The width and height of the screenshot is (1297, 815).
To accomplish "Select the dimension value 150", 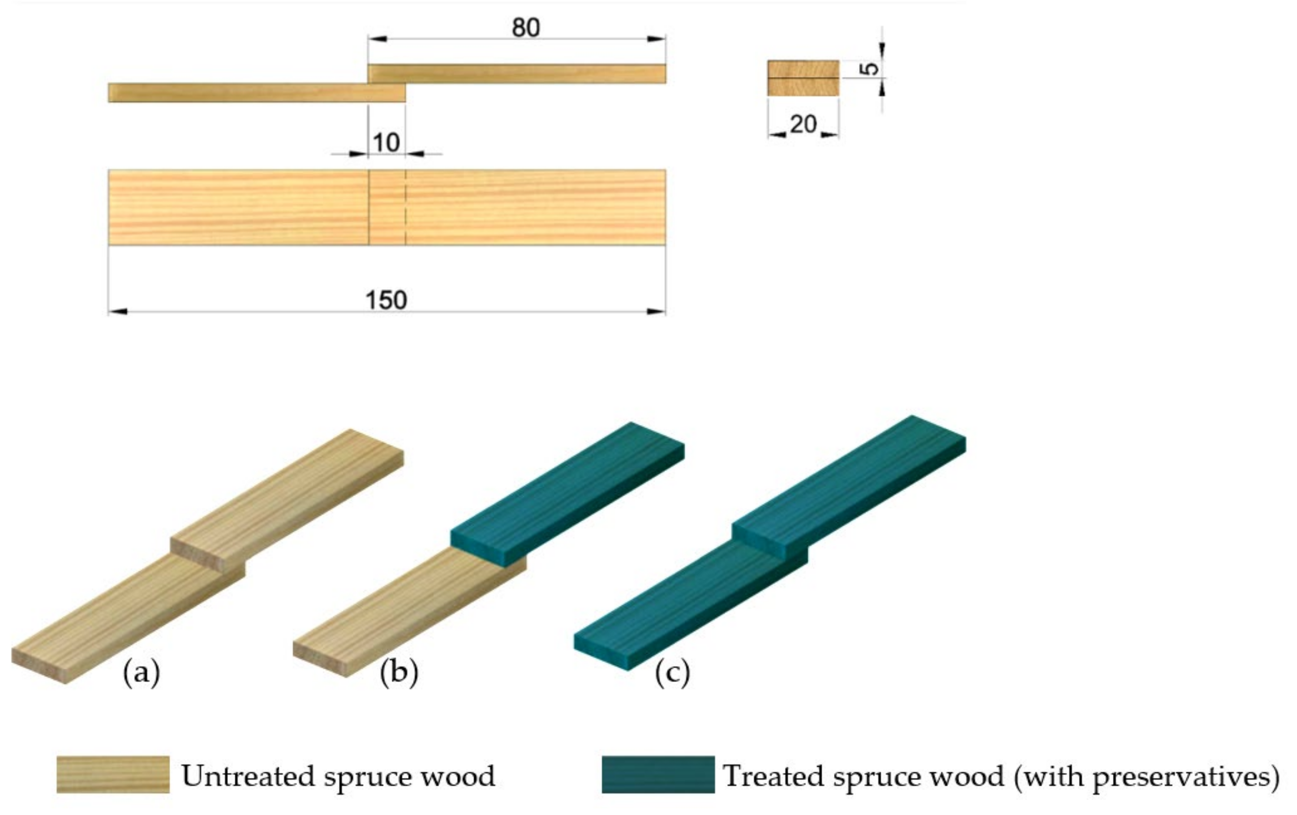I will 386,300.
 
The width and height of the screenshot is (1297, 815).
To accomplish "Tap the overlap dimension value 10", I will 386,143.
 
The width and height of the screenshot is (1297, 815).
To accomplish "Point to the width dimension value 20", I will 803,125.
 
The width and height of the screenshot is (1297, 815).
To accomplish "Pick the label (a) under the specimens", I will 141,673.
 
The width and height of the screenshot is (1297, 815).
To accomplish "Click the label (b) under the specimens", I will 399,673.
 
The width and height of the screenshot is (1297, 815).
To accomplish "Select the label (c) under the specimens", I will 672,673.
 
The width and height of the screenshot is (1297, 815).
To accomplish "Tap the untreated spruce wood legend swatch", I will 113,775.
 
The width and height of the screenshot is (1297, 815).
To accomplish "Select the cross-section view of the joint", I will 803,78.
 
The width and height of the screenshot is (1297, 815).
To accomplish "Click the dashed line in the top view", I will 406,207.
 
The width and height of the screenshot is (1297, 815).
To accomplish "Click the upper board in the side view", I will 517,74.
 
